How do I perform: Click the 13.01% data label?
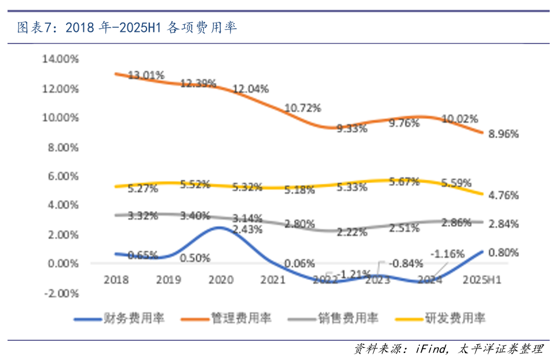pos(147,75)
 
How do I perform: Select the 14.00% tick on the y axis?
pos(60,59)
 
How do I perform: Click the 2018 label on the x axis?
pos(116,279)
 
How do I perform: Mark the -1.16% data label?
pos(447,253)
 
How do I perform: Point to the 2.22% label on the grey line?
pos(352,232)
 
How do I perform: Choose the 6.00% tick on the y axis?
pos(62,176)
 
